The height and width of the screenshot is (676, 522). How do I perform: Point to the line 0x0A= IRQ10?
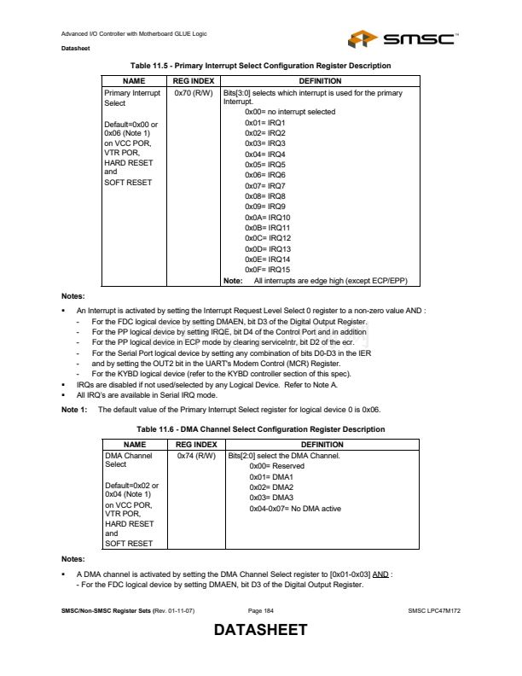267,218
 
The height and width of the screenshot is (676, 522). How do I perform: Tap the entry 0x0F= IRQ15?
267,269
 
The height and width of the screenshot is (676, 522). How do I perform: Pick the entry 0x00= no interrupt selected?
289,112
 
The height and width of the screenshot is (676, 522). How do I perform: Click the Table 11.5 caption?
261,66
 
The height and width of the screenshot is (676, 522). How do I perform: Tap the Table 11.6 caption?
261,429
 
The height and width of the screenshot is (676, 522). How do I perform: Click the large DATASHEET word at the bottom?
260,631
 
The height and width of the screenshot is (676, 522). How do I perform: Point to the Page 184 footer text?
261,610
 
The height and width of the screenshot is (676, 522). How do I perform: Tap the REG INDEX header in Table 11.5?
193,79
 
